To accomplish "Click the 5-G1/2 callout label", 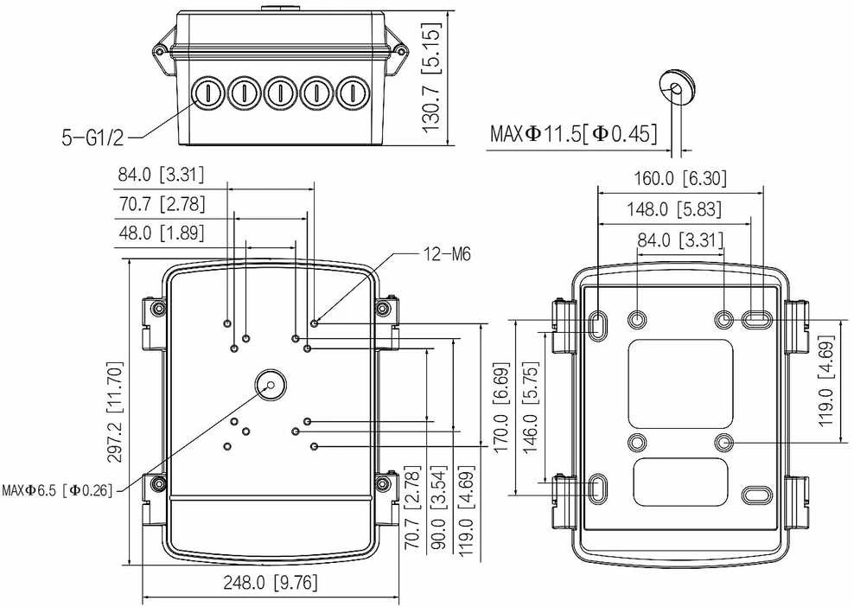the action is (92, 137).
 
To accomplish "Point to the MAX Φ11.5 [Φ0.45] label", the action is (573, 133).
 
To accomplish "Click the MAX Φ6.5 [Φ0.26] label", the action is (57, 490).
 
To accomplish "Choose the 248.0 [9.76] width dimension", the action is (271, 583).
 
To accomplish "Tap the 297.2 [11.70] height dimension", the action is (115, 412).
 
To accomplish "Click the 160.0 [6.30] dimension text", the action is (680, 177).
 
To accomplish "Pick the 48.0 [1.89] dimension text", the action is (162, 233).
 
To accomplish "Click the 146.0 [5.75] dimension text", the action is (531, 407).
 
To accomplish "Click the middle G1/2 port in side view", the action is (280, 92).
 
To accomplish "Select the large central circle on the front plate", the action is (271, 385).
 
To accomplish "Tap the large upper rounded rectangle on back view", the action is (680, 384).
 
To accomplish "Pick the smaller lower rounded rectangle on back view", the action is (681, 482).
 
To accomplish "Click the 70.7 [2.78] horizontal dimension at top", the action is (162, 204).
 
